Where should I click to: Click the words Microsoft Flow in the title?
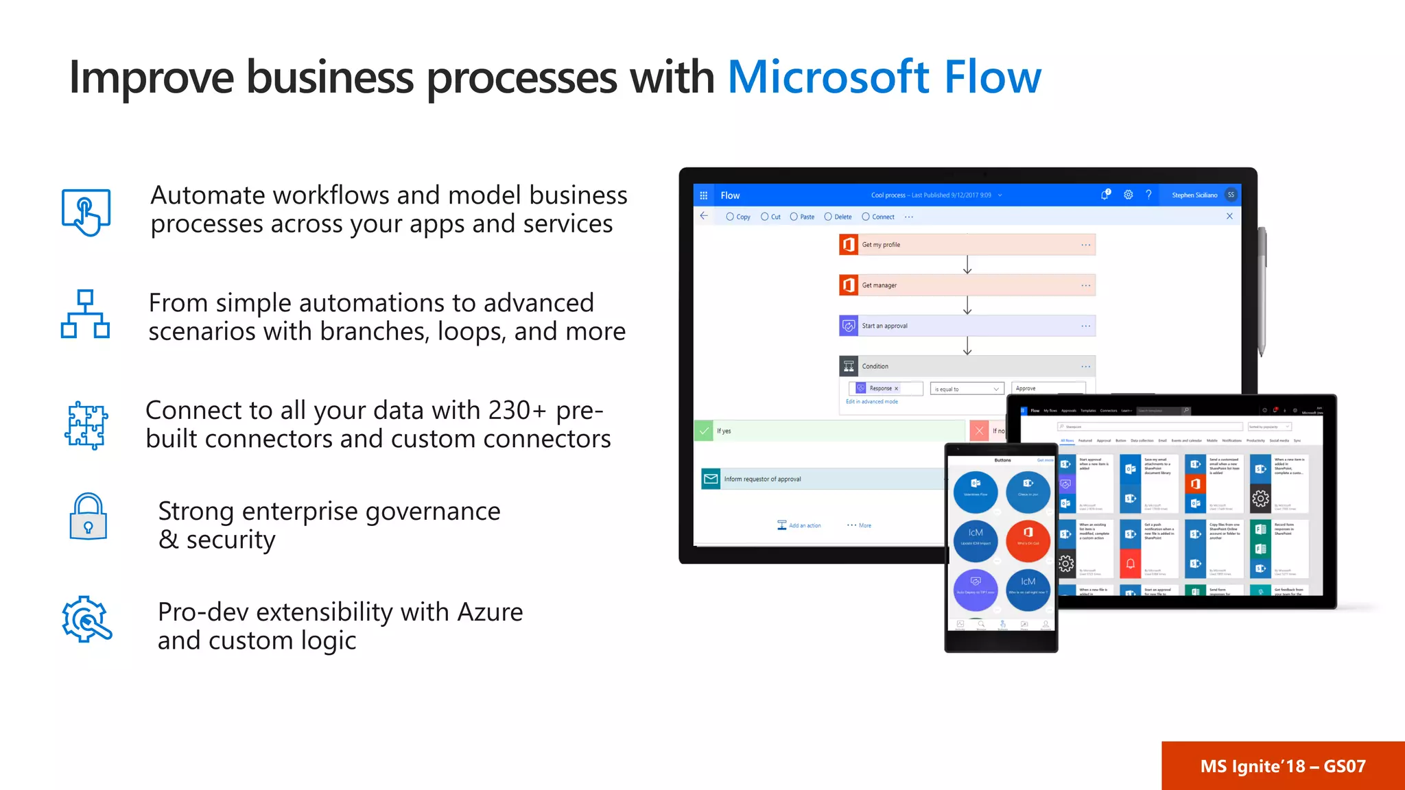coord(884,77)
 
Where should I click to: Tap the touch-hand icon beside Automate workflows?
coord(86,212)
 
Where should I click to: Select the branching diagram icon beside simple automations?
coord(85,314)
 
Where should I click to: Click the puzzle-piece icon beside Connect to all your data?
coord(86,425)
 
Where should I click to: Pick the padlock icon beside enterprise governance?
coord(88,517)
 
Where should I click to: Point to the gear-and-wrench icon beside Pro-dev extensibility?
coord(86,619)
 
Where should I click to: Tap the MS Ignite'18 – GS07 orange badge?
coord(1282,766)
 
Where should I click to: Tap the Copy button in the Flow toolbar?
coord(739,217)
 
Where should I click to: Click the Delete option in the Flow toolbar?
coord(838,217)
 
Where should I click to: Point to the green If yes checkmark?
coord(704,431)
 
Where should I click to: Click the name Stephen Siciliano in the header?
coord(1194,195)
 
